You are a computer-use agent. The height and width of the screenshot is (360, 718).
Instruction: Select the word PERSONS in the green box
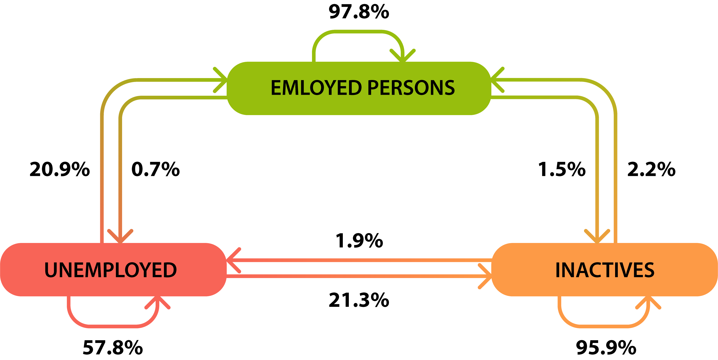point(411,88)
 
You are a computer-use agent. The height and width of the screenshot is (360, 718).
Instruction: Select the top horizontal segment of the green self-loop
point(358,32)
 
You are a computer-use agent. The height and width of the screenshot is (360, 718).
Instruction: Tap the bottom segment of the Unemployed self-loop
point(111,326)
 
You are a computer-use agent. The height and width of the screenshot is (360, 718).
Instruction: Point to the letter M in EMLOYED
point(293,88)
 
